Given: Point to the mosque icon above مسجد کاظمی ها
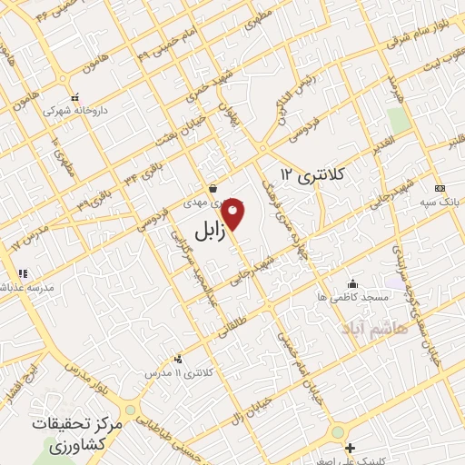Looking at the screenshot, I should (352, 284).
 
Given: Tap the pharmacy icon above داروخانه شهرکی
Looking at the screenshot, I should (74, 97).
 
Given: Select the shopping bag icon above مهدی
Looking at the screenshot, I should (212, 189).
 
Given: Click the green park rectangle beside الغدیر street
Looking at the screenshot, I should (397, 120).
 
